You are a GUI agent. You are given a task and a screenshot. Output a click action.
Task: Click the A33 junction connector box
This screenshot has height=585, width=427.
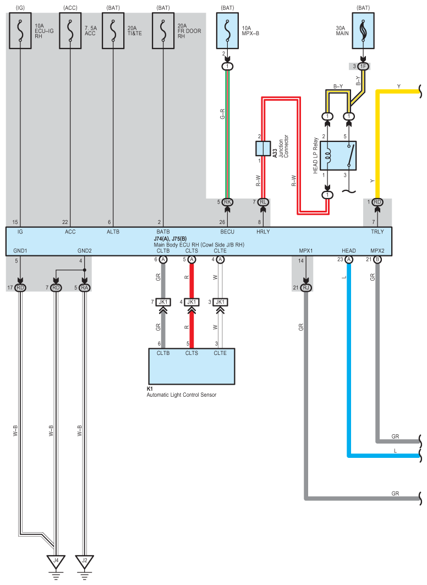[262, 148]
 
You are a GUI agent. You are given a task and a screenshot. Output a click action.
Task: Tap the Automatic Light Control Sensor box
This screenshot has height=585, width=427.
[191, 366]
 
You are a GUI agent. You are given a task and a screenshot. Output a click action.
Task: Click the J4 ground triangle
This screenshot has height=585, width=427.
[56, 561]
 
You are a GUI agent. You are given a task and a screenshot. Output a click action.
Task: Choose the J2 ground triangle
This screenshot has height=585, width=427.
[84, 561]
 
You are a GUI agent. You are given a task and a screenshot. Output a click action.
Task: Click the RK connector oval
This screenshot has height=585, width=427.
[227, 202]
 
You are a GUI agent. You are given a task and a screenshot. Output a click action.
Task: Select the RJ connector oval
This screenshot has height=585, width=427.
[306, 287]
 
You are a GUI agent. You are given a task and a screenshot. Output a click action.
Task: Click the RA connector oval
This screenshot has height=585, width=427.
[84, 287]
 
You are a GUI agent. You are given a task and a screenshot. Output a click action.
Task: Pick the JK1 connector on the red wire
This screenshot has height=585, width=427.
[191, 302]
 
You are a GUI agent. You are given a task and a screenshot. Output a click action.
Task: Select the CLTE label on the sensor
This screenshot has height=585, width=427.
[220, 353]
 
